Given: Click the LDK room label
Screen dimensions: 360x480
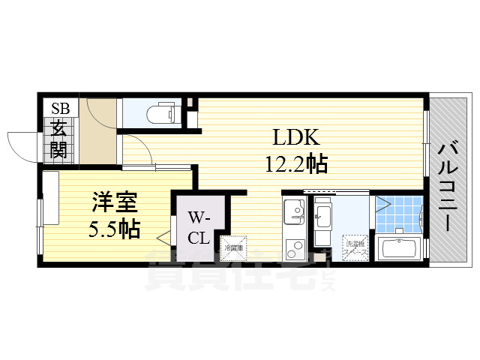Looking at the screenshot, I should (x=296, y=138).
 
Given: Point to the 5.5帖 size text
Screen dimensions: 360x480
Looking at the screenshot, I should (x=114, y=229).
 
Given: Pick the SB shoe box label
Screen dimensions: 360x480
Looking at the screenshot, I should (x=60, y=108).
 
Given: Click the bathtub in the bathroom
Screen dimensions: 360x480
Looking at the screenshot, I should (x=400, y=249).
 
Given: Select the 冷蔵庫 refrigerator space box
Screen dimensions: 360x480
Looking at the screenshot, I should (x=233, y=247).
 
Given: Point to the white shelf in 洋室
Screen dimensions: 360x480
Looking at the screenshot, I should (x=51, y=198).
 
